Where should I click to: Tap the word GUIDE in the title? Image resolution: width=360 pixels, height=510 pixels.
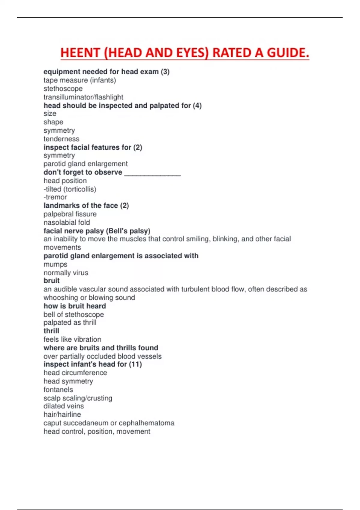coord(287,53)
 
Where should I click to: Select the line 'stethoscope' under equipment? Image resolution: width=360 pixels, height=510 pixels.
coord(63,88)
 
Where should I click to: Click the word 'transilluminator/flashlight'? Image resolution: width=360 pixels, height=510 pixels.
coord(83,97)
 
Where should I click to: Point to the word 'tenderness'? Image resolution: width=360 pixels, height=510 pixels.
coord(61,139)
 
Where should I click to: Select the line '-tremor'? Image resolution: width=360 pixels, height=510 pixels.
coord(55,197)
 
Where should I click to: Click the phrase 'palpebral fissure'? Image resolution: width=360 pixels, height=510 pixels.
coord(70,214)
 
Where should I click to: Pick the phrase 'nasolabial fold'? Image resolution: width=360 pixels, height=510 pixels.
coord(67,222)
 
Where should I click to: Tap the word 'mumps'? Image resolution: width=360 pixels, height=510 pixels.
coord(55,264)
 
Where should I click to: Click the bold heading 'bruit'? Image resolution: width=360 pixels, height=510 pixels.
coord(52,280)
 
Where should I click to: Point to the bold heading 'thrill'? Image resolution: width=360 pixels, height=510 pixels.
coord(51,331)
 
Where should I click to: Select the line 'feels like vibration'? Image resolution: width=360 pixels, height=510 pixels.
coord(72,339)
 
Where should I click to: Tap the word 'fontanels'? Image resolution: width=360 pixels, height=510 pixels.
coord(58,389)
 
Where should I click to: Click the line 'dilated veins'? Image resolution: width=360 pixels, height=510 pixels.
coord(64,406)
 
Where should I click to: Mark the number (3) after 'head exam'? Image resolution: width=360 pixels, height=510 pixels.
coord(165,72)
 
